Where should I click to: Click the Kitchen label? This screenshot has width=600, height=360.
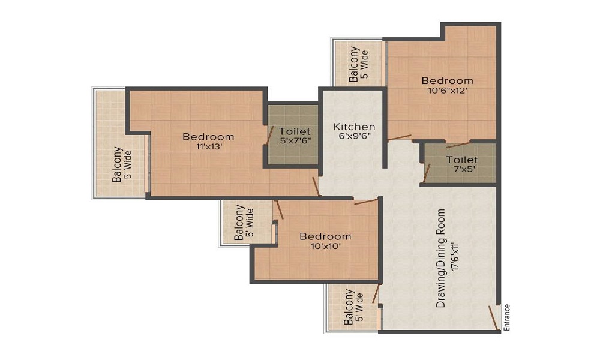[354, 127]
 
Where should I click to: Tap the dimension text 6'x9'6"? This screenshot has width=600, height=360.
[354, 136]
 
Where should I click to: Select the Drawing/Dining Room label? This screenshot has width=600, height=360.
[441, 258]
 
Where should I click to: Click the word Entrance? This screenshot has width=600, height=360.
[507, 317]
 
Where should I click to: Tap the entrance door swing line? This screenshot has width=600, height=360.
[494, 317]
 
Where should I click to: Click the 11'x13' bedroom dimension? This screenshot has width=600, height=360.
[209, 146]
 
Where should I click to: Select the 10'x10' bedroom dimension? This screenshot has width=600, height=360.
[326, 246]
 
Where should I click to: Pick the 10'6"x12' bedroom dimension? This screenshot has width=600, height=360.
[448, 91]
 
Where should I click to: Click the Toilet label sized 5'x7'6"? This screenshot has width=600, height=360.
[295, 131]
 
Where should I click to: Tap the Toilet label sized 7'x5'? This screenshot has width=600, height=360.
[462, 160]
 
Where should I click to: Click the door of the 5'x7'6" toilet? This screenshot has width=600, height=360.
[270, 134]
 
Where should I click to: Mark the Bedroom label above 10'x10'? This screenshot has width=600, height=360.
[326, 236]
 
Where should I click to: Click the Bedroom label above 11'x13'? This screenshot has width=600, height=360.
[209, 137]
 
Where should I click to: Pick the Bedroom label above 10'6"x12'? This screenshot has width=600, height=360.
[448, 81]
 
